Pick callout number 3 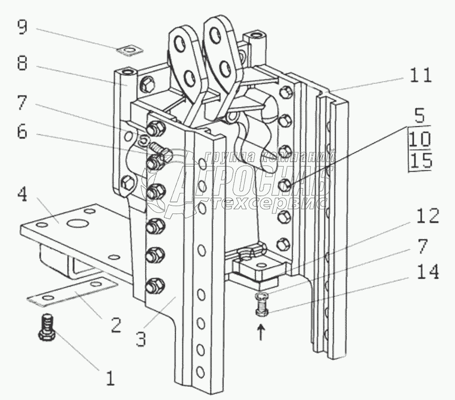(140, 338)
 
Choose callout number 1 (110, 377)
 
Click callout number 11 (419, 75)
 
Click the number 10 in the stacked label (419, 140)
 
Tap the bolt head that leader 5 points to (285, 185)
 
